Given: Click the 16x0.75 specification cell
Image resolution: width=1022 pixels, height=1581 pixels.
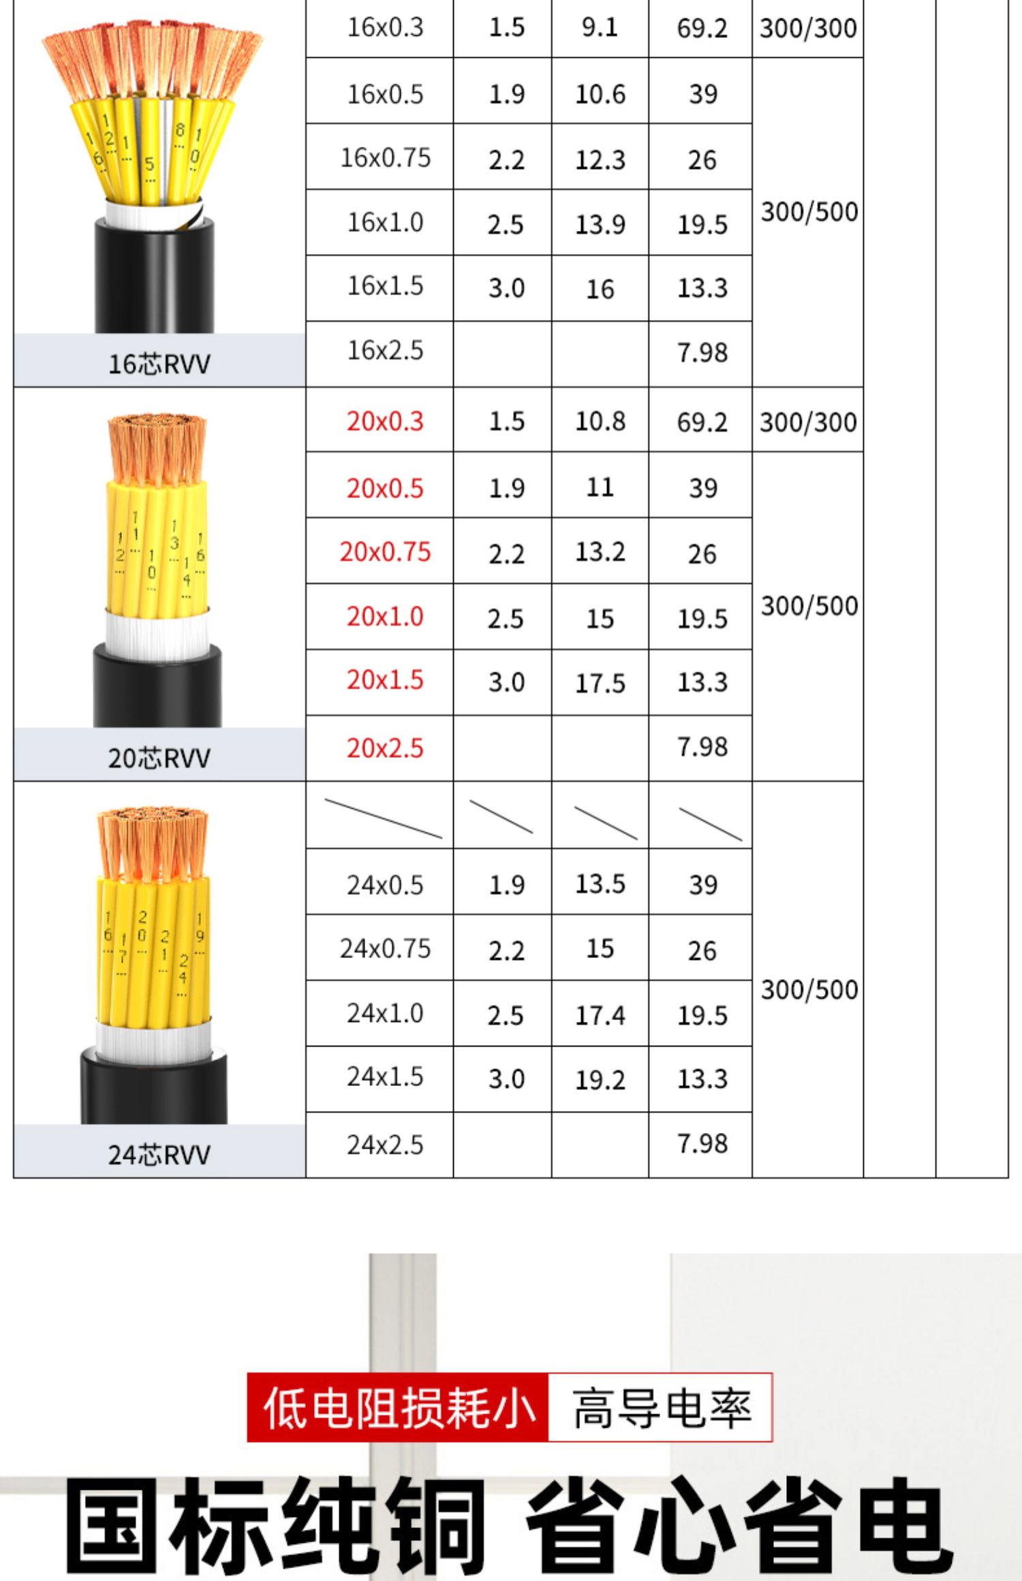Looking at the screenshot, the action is click(385, 157).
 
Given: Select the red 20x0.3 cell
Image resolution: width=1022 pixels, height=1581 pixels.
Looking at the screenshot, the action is click(385, 421).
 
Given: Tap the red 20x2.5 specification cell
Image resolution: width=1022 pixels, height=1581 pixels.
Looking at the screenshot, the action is click(385, 748).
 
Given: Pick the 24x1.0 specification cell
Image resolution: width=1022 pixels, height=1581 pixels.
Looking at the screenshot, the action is click(385, 1013).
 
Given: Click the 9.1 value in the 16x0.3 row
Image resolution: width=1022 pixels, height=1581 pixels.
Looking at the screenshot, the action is click(600, 27).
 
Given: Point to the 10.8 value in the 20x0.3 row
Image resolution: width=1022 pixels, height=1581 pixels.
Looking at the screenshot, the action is click(600, 421).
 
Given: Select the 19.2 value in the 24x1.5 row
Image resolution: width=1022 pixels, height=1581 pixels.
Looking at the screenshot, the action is click(600, 1079).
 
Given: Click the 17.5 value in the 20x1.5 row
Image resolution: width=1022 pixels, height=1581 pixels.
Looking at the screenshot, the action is click(600, 682).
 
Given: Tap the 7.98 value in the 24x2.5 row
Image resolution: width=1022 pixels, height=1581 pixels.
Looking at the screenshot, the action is click(702, 1143).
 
